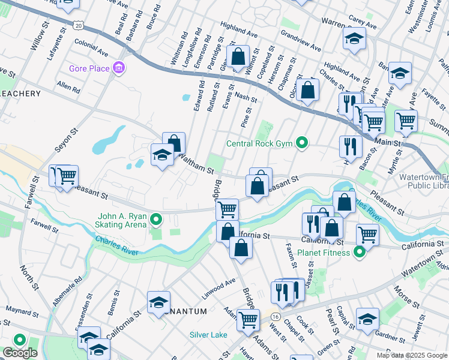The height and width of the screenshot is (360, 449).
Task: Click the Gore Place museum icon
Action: [x=119, y=68]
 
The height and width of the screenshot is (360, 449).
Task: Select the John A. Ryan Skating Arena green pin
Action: [x=157, y=220]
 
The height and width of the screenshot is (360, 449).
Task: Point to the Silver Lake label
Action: [x=208, y=335]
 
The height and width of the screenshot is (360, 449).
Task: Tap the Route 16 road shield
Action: [x=276, y=316]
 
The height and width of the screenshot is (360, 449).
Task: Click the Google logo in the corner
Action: [x=20, y=353]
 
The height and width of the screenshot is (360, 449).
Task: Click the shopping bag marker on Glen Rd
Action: [x=238, y=58]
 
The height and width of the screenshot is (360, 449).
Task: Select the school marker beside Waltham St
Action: [x=162, y=155]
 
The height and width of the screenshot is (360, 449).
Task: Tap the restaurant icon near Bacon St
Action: [x=350, y=146]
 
